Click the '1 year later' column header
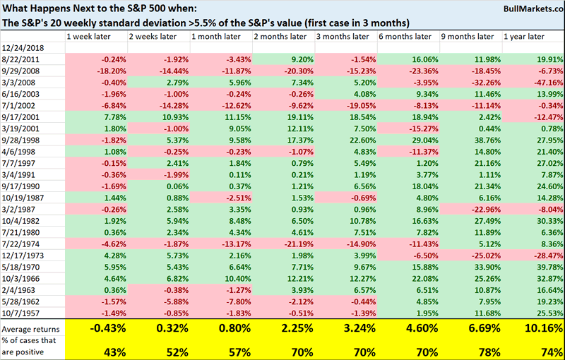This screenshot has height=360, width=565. click(525, 35)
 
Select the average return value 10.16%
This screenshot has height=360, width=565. click(537, 328)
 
